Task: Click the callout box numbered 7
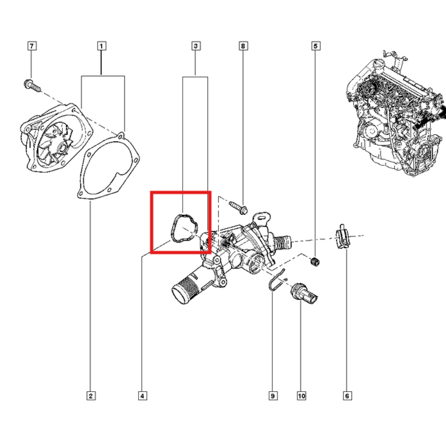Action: pyautogui.click(x=32, y=46)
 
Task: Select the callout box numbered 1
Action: pyautogui.click(x=101, y=46)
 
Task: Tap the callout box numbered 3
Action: pyautogui.click(x=196, y=46)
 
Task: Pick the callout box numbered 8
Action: pyautogui.click(x=243, y=46)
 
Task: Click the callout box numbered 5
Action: pyautogui.click(x=316, y=46)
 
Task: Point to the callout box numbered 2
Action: pyautogui.click(x=91, y=395)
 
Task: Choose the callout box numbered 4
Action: pyautogui.click(x=143, y=395)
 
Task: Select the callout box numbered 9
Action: pyautogui.click(x=273, y=395)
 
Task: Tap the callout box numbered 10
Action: pyautogui.click(x=301, y=395)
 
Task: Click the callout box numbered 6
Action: pyautogui.click(x=347, y=395)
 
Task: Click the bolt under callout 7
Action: pyautogui.click(x=32, y=85)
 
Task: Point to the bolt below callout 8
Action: pyautogui.click(x=238, y=207)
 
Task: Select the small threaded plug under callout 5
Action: pyautogui.click(x=316, y=261)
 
